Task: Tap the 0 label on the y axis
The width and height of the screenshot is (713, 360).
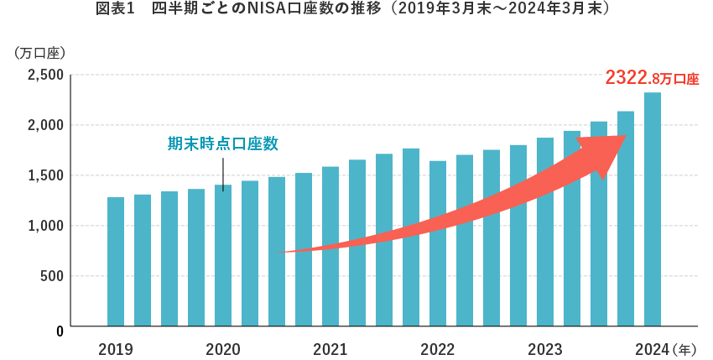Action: pyautogui.click(x=60, y=331)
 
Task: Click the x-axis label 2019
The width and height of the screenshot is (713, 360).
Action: pyautogui.click(x=115, y=349)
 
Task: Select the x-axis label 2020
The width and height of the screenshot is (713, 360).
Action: pyautogui.click(x=222, y=349)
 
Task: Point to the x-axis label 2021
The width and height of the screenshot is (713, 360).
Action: pyautogui.click(x=330, y=349)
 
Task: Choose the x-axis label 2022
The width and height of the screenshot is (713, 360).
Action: pyautogui.click(x=437, y=349)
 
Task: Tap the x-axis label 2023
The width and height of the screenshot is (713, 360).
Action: pyautogui.click(x=544, y=349)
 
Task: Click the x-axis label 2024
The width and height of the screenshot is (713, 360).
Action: pyautogui.click(x=652, y=349)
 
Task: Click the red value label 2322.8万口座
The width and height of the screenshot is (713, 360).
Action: pyautogui.click(x=652, y=79)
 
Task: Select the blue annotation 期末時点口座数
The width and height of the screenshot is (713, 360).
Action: pyautogui.click(x=222, y=143)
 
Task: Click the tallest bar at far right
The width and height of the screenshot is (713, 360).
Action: pyautogui.click(x=652, y=210)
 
